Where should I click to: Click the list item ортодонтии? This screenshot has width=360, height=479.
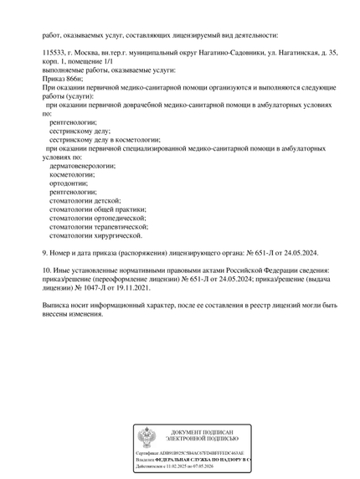[68, 183]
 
